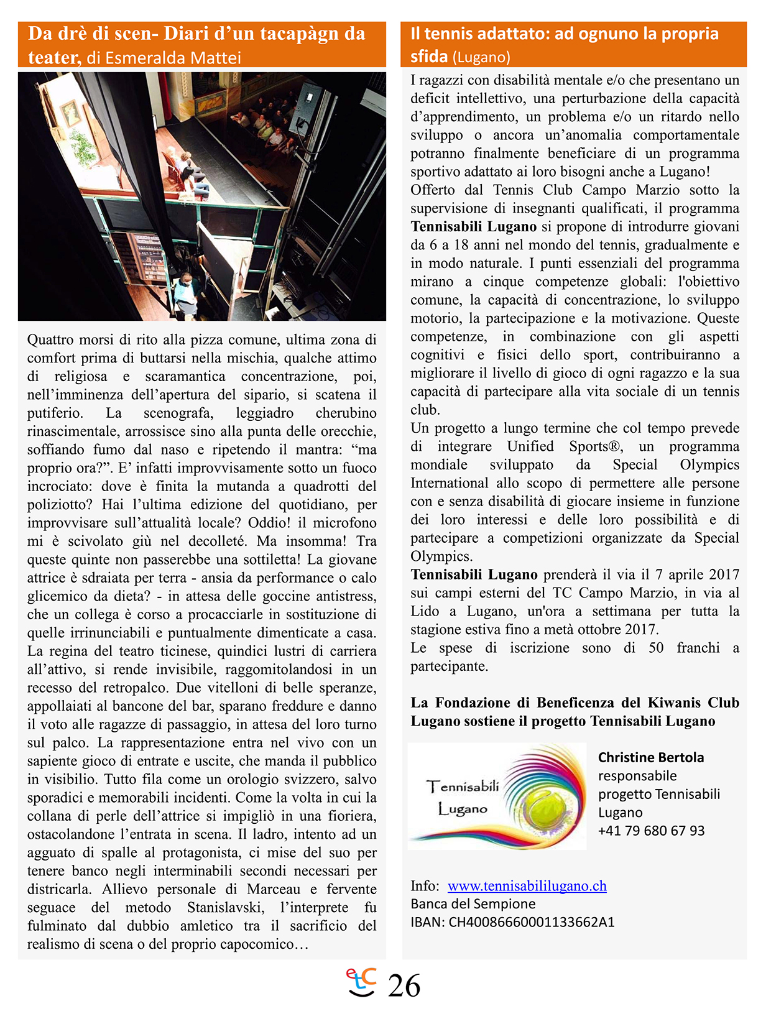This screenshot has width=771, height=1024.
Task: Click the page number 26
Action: (404, 986)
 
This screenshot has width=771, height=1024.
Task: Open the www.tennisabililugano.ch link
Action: (527, 886)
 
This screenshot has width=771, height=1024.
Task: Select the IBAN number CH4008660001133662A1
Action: (532, 922)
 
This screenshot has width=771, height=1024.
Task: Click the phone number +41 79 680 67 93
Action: (651, 831)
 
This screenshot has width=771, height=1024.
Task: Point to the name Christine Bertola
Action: (651, 757)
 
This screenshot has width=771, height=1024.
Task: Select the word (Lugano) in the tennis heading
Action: (481, 58)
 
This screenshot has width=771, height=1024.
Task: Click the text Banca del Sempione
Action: (473, 904)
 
